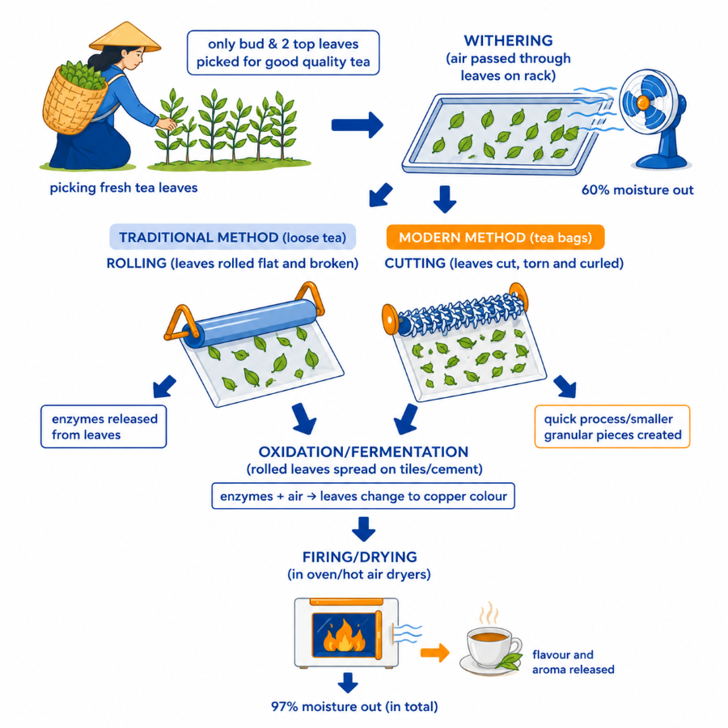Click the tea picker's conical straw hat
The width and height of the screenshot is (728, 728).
click(125, 37)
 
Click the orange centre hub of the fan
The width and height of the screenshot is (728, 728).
click(643, 103)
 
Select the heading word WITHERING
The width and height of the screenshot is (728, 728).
click(509, 41)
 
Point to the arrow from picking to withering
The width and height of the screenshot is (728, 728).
click(357, 125)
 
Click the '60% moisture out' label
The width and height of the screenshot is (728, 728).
click(637, 190)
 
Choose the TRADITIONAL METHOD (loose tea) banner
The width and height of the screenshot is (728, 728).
click(233, 237)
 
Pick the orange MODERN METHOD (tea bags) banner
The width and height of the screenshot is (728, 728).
click(495, 237)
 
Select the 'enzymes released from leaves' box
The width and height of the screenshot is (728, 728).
click(104, 426)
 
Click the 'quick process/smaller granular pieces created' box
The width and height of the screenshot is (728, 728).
click(612, 426)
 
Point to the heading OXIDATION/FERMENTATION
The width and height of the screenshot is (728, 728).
click(363, 451)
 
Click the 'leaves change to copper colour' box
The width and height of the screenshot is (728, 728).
click(363, 496)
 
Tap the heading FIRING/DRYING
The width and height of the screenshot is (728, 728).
click(360, 557)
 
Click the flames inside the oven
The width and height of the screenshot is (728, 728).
click(344, 636)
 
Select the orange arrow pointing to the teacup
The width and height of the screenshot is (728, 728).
click(435, 653)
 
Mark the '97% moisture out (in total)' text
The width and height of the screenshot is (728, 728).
click(355, 707)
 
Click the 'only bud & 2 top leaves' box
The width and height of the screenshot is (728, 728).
click(283, 53)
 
